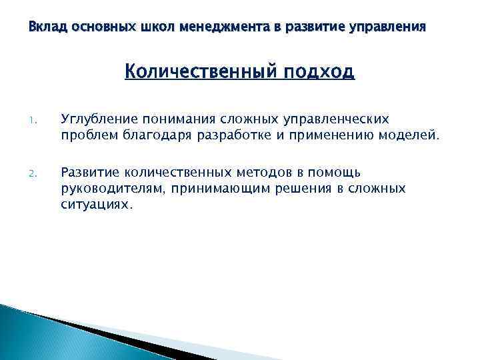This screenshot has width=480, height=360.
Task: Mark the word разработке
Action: pos(251,137)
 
